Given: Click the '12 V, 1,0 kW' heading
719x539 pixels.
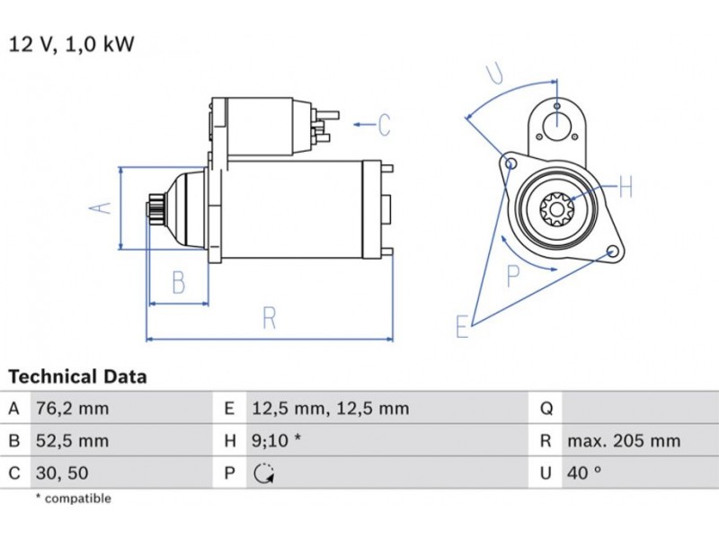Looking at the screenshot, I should coord(71,44).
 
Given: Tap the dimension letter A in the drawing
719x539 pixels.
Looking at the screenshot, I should coord(102,208).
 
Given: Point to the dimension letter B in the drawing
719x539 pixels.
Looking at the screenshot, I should coord(178,283).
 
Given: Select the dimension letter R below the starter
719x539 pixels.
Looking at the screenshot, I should coord(269,318).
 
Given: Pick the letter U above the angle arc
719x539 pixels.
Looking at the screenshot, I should coord(494,73).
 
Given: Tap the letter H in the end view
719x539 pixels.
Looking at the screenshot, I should coord(626,187).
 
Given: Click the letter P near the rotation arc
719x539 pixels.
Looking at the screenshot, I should coord(513,275).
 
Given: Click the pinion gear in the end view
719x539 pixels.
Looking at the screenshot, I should coord(557,210).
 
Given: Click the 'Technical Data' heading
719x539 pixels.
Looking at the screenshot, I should coord(77,376).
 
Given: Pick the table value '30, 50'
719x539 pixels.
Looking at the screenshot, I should coord(61,473).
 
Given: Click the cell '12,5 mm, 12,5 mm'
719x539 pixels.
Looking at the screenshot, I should coord(329,409).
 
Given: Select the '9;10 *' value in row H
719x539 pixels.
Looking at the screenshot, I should coord(276,441).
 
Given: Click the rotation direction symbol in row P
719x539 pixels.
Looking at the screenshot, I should coord(262,473).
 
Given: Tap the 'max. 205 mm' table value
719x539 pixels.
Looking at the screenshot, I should coord(624,441).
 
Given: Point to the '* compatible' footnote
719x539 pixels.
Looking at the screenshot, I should coord(73,499).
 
